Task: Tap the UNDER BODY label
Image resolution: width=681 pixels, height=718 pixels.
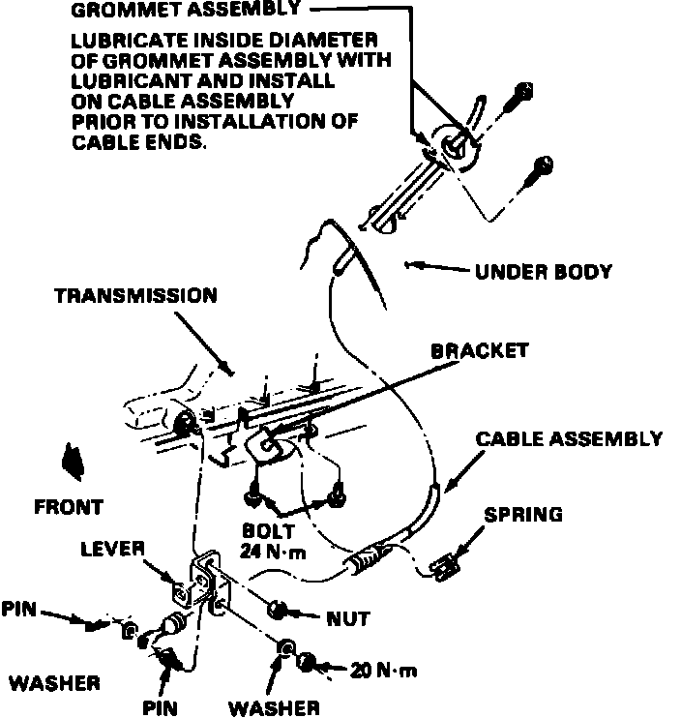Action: tap(543, 272)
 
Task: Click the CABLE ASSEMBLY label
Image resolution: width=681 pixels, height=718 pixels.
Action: tap(569, 438)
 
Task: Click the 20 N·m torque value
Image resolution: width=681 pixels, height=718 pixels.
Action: tap(384, 669)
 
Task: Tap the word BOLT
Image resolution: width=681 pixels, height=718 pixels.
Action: tap(269, 531)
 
